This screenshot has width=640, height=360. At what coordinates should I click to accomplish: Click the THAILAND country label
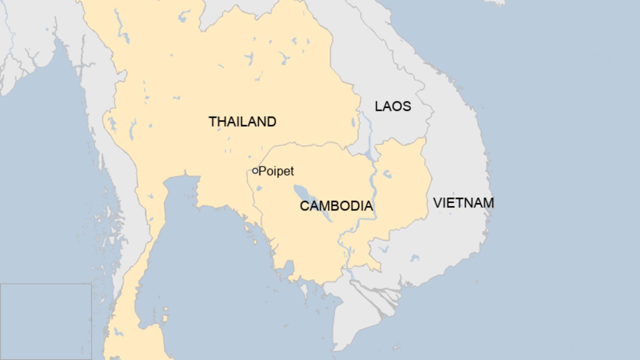pos(242,122)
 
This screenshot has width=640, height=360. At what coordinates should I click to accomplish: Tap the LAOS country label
pos(393,106)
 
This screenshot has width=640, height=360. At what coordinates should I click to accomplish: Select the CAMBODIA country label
pos(336,206)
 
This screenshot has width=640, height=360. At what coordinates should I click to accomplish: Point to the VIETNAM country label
pos(463,203)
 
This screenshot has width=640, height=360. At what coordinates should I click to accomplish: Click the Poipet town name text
pos(276,171)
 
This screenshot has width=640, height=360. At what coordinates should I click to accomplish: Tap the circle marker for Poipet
pos(255,171)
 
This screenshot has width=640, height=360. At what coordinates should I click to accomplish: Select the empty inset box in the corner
pos(46,322)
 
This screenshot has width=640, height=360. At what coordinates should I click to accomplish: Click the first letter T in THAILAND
pos(212,122)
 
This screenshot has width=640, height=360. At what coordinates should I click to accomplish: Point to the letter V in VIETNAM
pos(437,203)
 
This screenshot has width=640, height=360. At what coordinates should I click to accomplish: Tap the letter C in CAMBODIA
pos(304,206)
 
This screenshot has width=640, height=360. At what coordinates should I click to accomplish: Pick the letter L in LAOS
pos(378,106)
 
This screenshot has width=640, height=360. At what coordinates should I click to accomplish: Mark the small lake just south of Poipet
pos(258,189)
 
